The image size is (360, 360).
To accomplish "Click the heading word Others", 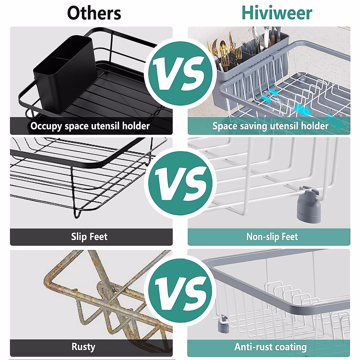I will point(94,13).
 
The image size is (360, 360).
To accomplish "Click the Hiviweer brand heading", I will point(277,13).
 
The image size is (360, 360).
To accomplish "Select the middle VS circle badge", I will point(180,183).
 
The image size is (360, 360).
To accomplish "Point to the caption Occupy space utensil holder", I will point(90,126).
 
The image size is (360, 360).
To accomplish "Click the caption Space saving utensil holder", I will point(270,126).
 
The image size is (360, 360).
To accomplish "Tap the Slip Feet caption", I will point(89,237).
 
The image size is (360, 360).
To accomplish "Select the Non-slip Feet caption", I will point(272,237).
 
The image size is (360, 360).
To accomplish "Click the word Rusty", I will point(83,347).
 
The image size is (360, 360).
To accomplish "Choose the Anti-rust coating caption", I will point(270,347).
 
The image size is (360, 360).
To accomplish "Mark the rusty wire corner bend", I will point(49,280).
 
